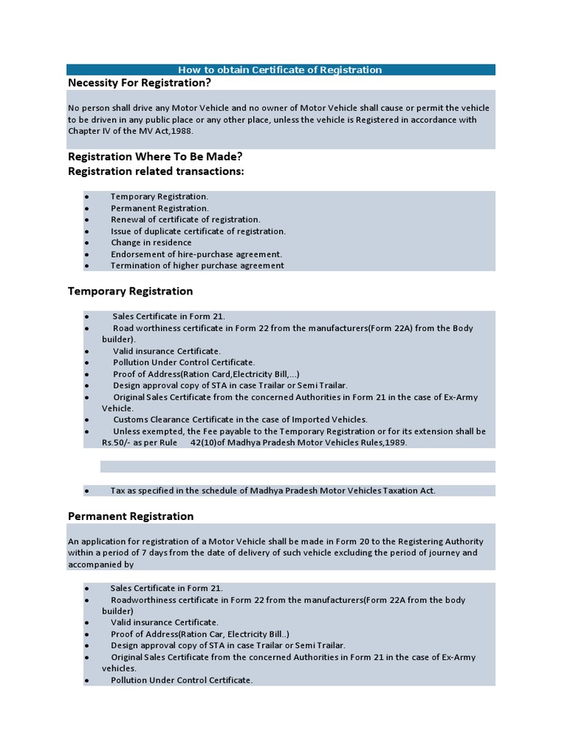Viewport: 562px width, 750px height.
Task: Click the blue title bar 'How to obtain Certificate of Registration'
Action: (x=281, y=70)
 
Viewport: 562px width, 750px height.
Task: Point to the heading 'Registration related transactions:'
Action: (x=156, y=171)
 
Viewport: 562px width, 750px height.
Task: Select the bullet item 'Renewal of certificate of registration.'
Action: (x=185, y=219)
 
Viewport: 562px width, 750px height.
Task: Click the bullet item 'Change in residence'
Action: (x=151, y=242)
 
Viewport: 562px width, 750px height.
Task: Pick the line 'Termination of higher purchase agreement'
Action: (x=197, y=265)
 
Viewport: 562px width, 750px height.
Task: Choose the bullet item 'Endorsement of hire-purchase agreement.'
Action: (x=196, y=254)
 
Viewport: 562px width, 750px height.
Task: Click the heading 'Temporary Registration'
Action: (x=130, y=292)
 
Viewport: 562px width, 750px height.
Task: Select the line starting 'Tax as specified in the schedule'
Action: (x=272, y=491)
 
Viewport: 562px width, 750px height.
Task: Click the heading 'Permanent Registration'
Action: (x=130, y=516)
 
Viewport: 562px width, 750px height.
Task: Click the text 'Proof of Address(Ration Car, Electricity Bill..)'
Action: (x=200, y=634)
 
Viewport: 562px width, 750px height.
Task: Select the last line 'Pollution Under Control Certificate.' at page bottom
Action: (x=181, y=680)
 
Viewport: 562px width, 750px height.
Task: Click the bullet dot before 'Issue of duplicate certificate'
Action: (x=86, y=231)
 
